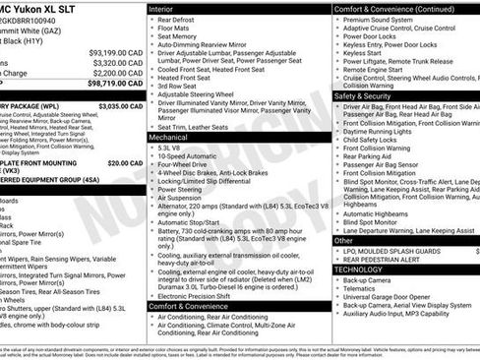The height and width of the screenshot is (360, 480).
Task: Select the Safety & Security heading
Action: [368, 97]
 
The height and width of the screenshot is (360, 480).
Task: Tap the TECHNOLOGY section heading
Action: [358, 269]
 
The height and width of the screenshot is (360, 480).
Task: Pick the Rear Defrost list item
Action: [177, 19]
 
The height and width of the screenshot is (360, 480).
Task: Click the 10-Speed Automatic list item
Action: [188, 156]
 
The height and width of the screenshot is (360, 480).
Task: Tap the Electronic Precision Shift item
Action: [198, 294]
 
